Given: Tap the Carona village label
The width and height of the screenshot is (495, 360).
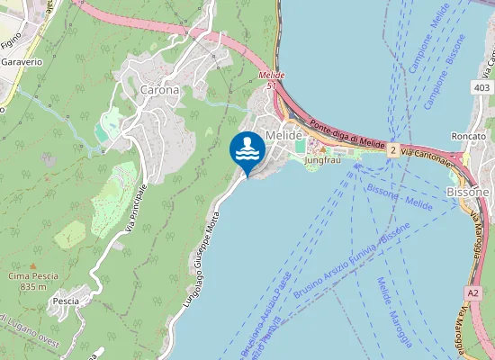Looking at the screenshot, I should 159,90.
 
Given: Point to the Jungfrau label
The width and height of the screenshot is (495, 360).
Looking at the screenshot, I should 325,161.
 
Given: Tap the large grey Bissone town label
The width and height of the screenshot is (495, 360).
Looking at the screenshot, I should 468,192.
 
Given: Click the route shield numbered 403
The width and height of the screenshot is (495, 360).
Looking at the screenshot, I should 481,87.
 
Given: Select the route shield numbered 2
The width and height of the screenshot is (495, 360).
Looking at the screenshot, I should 393,152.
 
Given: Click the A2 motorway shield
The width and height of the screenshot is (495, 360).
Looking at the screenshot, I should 473,292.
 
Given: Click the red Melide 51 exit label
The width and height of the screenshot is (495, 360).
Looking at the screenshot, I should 271,80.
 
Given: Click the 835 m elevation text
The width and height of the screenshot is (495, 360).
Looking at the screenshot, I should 32,286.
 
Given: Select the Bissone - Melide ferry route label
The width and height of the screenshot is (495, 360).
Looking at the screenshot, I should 400,197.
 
